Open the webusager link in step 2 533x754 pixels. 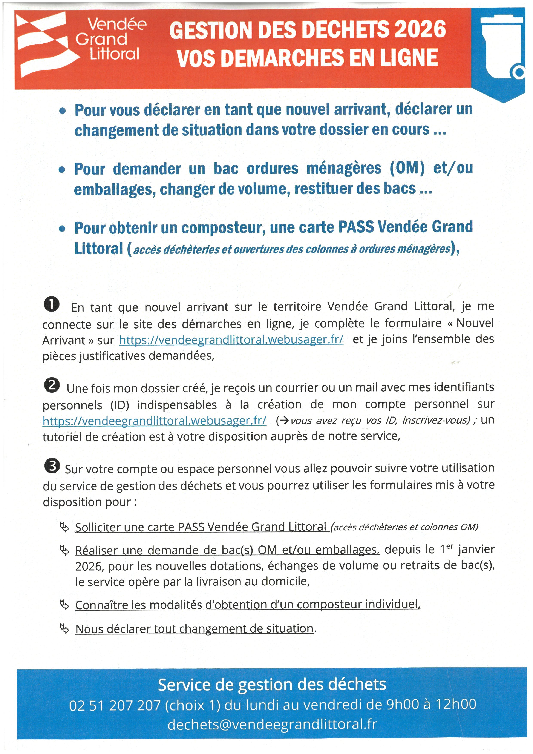coord(154,421)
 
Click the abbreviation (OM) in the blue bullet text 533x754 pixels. coord(407,168)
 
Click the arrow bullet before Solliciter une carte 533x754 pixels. coord(64,527)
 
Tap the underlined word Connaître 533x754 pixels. coord(101,605)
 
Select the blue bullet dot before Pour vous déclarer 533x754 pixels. coord(62,111)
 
